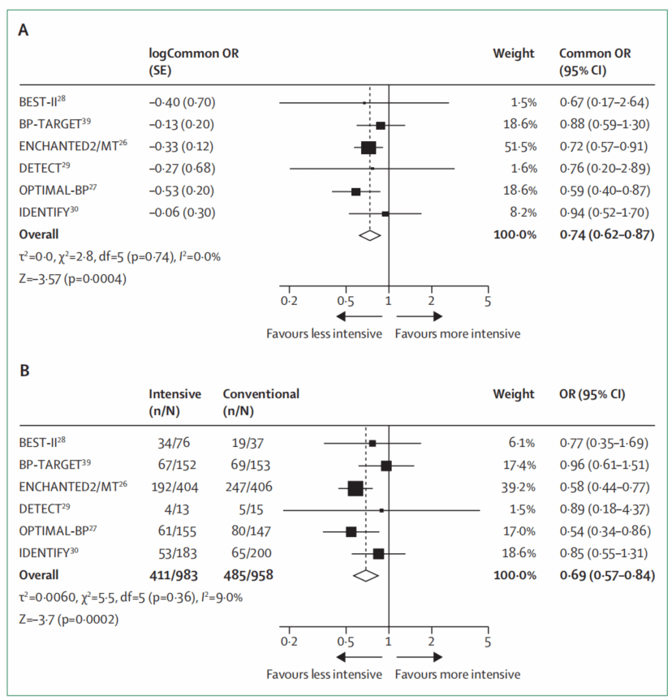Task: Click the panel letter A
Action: (24, 31)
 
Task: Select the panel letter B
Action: (24, 371)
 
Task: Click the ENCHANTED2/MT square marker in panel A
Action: (368, 148)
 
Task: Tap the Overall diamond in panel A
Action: (369, 235)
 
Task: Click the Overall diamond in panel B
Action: (367, 575)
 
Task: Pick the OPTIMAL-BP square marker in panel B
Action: (351, 532)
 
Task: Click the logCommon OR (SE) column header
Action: (194, 62)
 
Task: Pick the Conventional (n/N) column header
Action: (261, 402)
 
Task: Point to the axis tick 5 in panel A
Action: (487, 300)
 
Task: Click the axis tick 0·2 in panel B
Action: (288, 641)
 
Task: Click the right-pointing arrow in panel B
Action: (420, 657)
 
